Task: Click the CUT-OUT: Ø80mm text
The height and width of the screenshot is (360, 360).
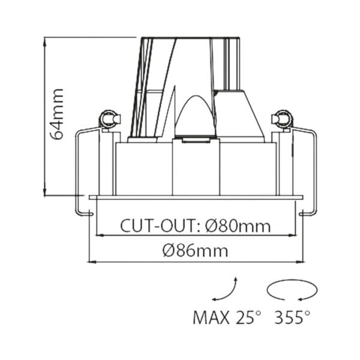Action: click(x=195, y=226)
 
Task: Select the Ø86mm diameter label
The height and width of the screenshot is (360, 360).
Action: click(x=196, y=251)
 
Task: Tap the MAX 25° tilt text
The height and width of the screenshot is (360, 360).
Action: click(x=227, y=317)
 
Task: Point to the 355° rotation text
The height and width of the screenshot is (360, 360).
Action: click(x=293, y=317)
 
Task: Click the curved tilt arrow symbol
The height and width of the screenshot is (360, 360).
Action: click(x=226, y=290)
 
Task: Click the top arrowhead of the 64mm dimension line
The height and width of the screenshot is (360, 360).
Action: click(x=46, y=40)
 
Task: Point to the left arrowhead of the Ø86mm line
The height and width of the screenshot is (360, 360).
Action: click(x=91, y=262)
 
